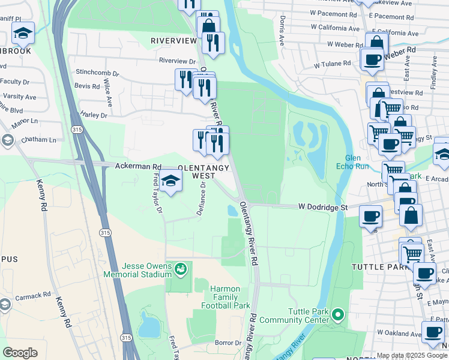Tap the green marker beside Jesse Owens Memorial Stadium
[x=180, y=271]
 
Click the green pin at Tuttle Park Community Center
[x=338, y=314]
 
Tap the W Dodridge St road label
[x=323, y=207]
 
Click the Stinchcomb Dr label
[x=97, y=73]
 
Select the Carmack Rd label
[x=34, y=296]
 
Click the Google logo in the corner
[x=20, y=353]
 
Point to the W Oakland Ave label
[x=397, y=332]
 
